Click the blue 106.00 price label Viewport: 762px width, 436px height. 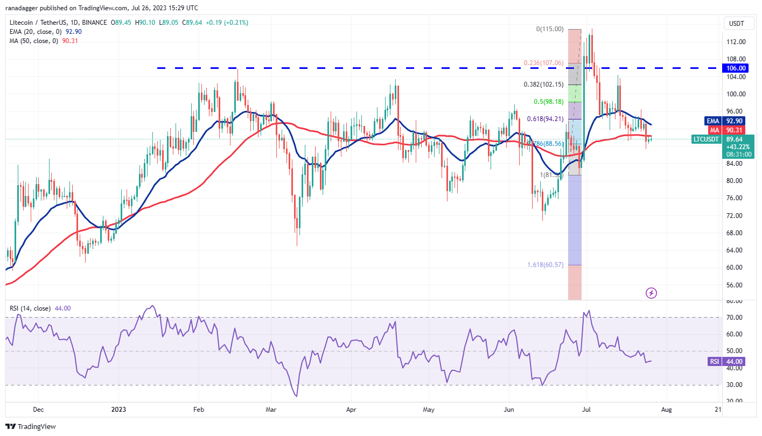(x=735, y=68)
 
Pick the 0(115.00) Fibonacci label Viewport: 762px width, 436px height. (x=550, y=29)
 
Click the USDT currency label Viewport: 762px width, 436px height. (x=736, y=23)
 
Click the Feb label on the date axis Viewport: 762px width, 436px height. (x=198, y=410)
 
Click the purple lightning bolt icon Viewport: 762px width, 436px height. (x=652, y=293)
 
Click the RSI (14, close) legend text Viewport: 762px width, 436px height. (x=30, y=308)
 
